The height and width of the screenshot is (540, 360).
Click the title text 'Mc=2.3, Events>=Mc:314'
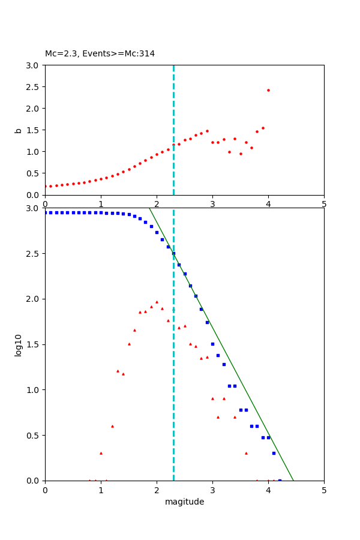click(100, 54)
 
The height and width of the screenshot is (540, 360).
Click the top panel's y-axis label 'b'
click(18, 130)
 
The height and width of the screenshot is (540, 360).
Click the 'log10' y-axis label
click(18, 344)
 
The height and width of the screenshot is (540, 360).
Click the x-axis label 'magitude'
click(184, 502)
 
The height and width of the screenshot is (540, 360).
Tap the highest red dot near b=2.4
click(268, 91)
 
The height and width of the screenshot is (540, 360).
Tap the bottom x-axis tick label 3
click(212, 490)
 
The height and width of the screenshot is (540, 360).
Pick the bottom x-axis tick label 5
click(324, 490)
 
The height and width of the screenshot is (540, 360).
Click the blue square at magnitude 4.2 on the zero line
click(280, 480)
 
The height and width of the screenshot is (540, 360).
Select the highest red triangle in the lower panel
click(157, 302)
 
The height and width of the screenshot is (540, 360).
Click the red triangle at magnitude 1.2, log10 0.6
click(112, 426)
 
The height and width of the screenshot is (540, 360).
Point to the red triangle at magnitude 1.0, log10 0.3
click(101, 453)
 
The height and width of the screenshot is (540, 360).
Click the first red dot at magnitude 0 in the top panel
click(46, 186)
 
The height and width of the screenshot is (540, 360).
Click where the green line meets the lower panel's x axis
click(293, 480)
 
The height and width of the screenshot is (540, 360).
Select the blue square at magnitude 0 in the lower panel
click(46, 212)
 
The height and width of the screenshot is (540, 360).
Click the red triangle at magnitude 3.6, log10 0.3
click(246, 453)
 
